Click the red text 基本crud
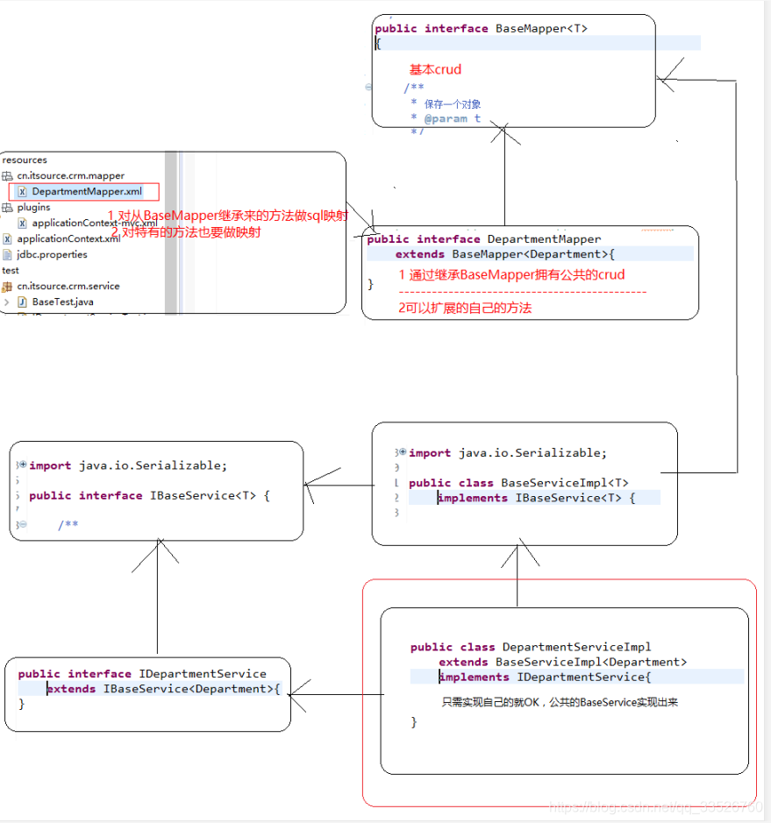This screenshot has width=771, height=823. click(x=435, y=69)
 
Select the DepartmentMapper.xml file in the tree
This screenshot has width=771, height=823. click(x=86, y=191)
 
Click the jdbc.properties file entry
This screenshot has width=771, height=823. click(x=52, y=254)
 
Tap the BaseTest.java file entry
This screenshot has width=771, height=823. click(x=62, y=302)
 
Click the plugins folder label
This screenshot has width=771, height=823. click(x=33, y=208)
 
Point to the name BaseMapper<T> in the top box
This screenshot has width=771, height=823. click(x=541, y=28)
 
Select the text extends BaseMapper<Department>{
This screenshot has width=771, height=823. click(x=505, y=254)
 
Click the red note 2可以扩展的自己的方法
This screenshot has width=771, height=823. click(x=465, y=308)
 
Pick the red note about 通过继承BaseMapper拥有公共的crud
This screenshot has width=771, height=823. click(x=511, y=274)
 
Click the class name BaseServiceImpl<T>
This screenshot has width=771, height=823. click(x=564, y=483)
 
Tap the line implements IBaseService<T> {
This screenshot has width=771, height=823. click(x=535, y=498)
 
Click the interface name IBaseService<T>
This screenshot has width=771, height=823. click(x=203, y=495)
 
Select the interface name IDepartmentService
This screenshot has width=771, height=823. click(x=202, y=674)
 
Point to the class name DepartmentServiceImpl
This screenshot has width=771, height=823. click(x=576, y=647)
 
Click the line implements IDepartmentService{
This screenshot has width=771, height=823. click(x=545, y=677)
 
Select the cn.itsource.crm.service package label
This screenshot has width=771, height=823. click(x=68, y=286)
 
